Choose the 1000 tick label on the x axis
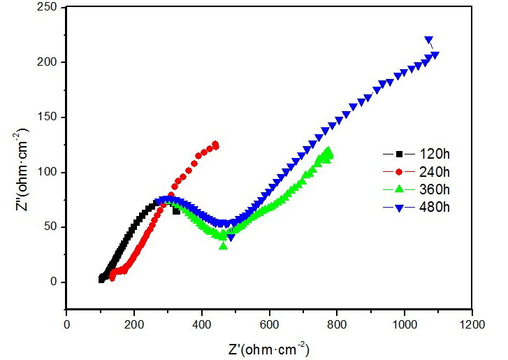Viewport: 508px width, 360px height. click(405, 324)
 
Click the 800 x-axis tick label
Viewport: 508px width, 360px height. click(337, 324)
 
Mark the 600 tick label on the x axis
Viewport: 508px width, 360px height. click(269, 324)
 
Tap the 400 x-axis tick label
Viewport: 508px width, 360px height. click(202, 324)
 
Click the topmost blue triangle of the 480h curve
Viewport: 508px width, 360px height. click(428, 40)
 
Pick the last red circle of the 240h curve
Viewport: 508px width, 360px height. click(216, 145)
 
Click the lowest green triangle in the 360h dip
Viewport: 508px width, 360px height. click(223, 245)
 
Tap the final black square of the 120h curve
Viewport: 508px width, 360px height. click(176, 210)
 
